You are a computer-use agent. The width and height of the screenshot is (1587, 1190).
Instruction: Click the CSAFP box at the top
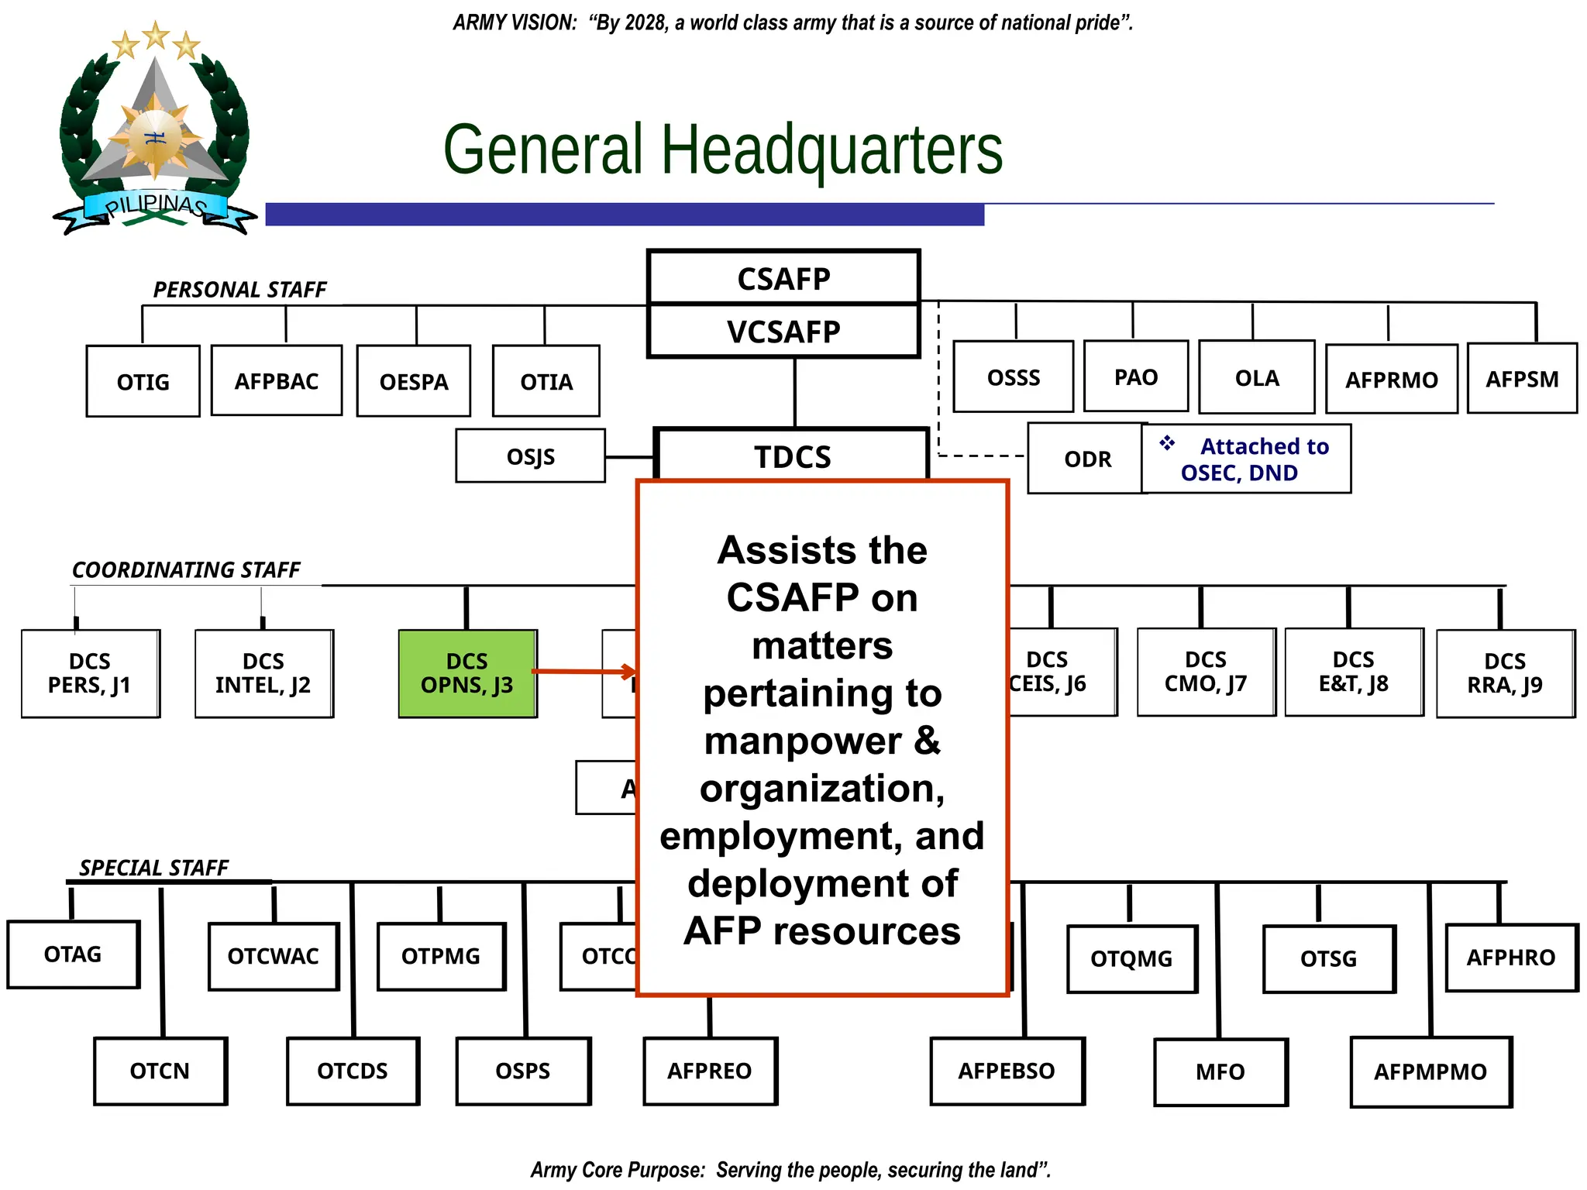783,278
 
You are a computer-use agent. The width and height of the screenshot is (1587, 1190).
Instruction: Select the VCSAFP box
783,332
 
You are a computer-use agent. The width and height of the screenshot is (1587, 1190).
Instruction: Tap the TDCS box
792,456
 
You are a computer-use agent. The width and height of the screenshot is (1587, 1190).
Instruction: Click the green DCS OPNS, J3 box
467,673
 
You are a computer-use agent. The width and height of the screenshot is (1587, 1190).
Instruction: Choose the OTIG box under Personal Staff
143,381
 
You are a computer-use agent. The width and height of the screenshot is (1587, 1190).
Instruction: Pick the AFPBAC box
277,380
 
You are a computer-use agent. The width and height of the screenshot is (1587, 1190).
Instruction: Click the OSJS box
530,456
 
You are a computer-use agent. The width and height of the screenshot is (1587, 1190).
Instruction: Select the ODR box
1086,459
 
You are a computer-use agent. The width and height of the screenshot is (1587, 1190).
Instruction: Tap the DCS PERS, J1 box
90,673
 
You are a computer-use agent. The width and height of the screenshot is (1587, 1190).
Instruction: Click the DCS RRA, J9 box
1505,673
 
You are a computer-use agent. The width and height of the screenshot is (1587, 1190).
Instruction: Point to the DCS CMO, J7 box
1206,672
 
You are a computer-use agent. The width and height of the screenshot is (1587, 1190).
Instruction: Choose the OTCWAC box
274,956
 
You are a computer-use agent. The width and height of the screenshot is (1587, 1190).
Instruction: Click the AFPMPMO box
1430,1071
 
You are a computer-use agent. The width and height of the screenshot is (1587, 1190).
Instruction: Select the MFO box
1220,1071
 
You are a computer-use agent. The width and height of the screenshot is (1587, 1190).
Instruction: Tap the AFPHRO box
1511,958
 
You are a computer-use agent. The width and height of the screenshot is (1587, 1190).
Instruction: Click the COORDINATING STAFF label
186,570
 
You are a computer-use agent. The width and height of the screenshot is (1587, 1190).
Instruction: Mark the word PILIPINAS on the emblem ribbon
156,205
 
